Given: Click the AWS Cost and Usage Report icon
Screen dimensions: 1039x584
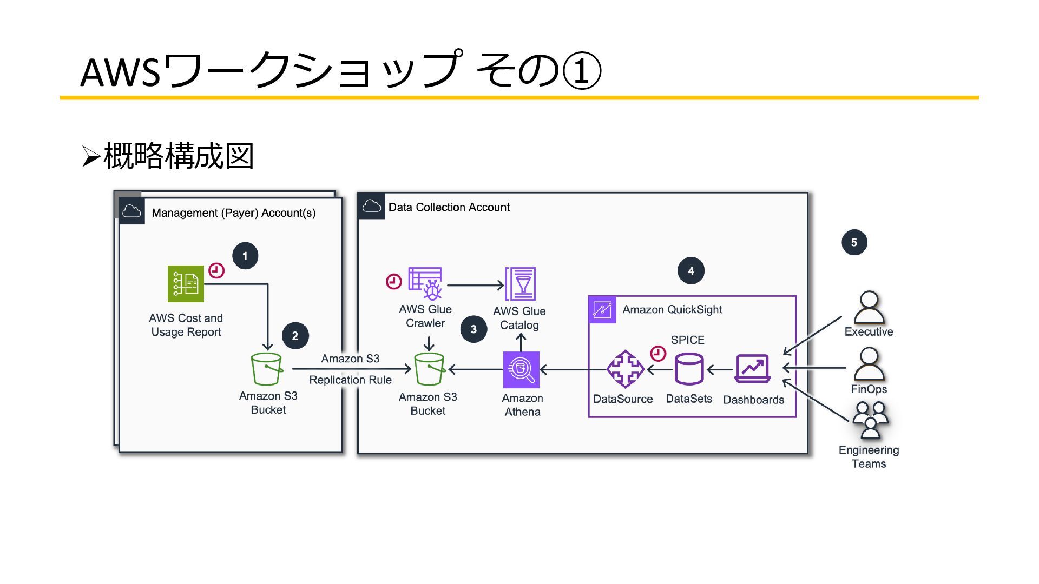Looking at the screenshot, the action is point(186,283).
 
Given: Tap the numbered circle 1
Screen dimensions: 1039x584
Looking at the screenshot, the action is point(245,256).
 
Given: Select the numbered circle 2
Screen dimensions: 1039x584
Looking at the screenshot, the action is point(295,335).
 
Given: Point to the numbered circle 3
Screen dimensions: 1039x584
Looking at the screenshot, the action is point(474,329).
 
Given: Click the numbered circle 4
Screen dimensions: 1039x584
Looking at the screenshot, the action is point(691,270).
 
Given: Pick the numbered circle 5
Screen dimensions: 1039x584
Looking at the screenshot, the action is point(854,242).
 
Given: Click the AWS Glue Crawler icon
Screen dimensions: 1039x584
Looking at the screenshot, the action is point(425,283).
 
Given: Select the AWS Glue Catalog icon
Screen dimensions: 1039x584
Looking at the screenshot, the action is point(520,284).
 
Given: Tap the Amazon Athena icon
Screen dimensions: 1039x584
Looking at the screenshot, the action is point(521,370).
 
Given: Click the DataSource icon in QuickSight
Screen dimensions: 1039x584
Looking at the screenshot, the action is point(625,369).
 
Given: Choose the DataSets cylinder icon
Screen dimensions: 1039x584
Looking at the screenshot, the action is point(689,369).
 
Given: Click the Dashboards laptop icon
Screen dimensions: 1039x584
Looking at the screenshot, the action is point(752,369).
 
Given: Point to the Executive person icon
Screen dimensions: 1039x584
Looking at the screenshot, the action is point(869,308).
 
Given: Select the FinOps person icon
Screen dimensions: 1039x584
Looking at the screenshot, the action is point(869,364).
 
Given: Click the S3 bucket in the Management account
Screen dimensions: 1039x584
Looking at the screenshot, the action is point(267,369).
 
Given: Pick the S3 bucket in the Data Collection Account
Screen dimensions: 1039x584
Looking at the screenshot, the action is point(429,369).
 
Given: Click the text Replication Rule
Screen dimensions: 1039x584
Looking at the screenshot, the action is point(350,380).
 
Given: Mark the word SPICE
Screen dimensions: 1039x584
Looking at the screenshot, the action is point(688,340).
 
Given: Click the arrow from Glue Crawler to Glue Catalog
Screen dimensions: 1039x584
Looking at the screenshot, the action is point(476,285).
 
